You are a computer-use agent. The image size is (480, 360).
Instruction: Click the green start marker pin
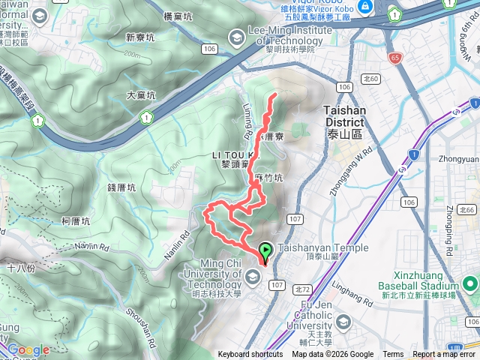click(x=265, y=251)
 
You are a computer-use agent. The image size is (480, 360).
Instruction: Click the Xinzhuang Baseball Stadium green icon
click(x=470, y=283)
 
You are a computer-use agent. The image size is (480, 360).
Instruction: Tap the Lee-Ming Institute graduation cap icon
click(x=237, y=35)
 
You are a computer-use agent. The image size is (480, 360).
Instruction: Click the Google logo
click(x=28, y=349)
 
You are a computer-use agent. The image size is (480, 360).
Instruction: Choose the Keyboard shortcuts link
click(x=250, y=355)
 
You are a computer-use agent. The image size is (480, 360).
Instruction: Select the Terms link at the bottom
click(x=393, y=355)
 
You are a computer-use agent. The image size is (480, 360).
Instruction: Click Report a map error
click(x=444, y=355)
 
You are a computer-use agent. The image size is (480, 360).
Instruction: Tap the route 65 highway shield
click(x=395, y=57)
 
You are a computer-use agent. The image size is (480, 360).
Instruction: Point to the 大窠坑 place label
click(x=141, y=95)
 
